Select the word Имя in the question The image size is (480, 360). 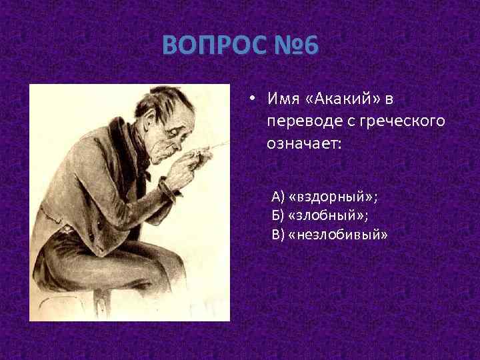281,99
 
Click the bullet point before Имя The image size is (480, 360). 253,99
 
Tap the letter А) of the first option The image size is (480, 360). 277,197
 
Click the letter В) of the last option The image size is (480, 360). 277,235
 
